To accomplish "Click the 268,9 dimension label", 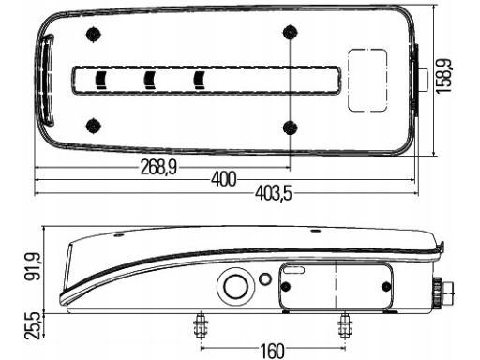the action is pos(158,167).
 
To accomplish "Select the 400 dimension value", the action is pos(224,179).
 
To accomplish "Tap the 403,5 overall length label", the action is pos(274,193).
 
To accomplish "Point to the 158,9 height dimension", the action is pos(443,76).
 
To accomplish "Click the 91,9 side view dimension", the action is pos(33,266).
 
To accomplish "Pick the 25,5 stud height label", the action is pos(33,325).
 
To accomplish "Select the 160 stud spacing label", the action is pos(273,351).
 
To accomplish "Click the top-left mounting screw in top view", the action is pos(93,34).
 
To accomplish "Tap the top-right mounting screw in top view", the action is pos(291,33).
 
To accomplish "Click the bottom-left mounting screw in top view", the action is pos(93,126).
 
